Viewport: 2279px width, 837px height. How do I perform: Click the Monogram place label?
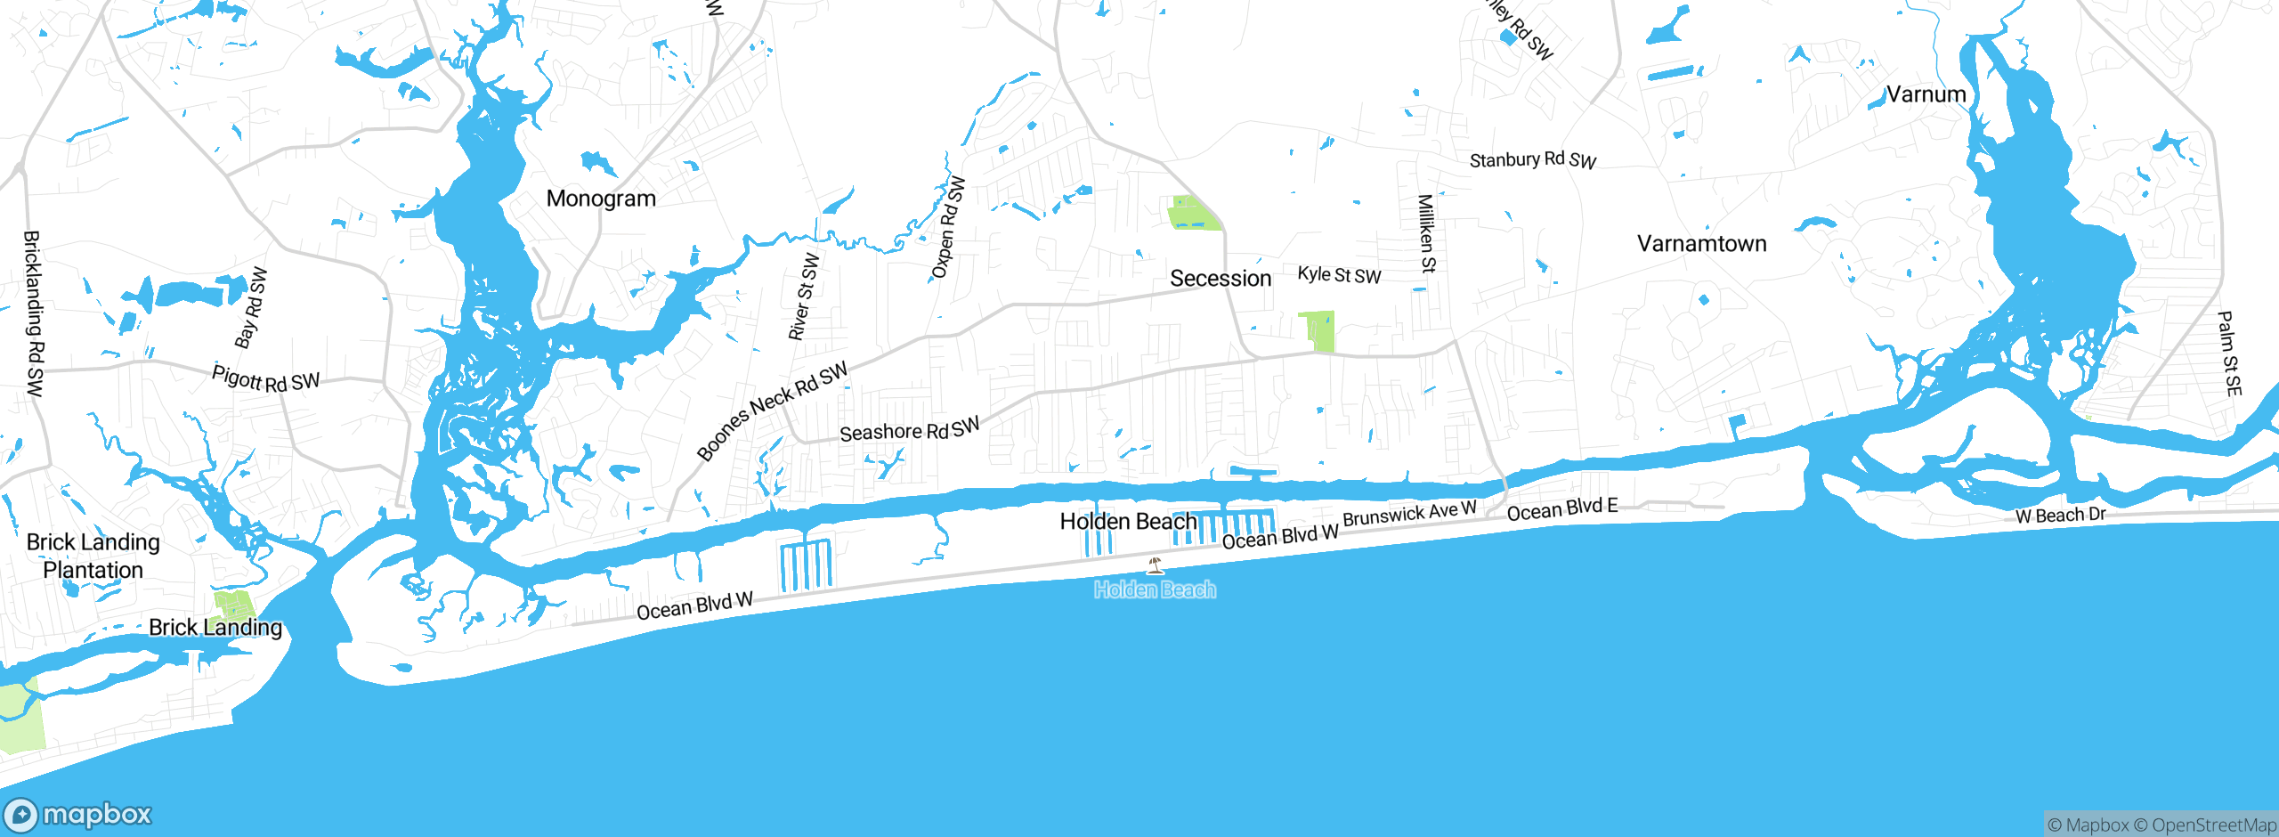point(601,199)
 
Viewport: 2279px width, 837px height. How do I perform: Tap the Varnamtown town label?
point(1701,244)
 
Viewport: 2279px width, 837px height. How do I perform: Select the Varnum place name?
point(1926,94)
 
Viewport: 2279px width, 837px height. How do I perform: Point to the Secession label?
point(1221,279)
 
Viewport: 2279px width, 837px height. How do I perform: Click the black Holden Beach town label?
point(1128,522)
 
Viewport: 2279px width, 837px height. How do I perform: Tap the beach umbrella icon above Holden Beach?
point(1155,565)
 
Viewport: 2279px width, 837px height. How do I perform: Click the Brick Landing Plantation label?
point(93,556)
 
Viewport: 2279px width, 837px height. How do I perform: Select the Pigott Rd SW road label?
point(265,379)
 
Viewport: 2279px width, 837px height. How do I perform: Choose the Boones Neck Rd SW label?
point(772,411)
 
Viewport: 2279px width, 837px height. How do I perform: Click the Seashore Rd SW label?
point(909,430)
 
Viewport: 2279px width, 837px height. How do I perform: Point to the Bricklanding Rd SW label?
point(33,313)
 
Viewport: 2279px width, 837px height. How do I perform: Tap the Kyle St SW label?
point(1339,275)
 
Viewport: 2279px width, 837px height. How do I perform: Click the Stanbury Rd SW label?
point(1532,160)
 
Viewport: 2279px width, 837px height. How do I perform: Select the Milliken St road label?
point(1426,233)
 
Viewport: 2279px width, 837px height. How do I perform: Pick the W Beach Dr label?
point(2060,516)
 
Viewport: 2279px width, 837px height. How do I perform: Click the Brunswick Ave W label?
point(1409,514)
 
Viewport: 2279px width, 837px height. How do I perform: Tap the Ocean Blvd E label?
point(1561,509)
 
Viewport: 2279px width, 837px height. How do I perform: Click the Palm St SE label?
point(2229,353)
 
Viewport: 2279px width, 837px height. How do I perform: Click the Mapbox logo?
point(78,815)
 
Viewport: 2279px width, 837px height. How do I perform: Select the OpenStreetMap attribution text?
point(2213,825)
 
